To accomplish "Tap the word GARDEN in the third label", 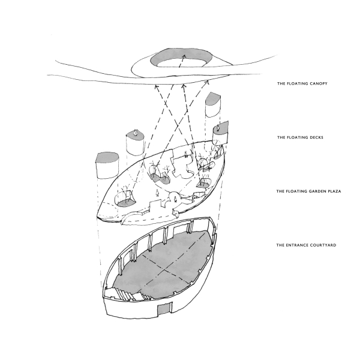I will [x=316, y=191].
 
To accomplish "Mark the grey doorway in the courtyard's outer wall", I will [x=163, y=309].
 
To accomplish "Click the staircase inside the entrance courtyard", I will [x=124, y=293].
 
